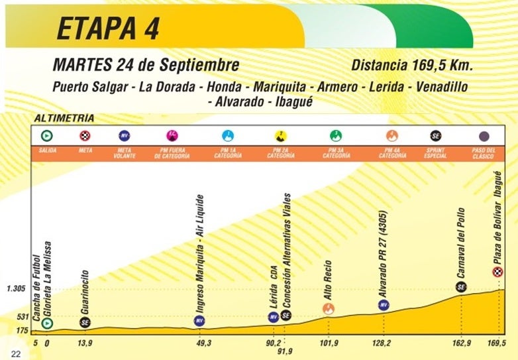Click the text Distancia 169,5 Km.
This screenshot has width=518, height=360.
411,66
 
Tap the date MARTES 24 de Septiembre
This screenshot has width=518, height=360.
145,66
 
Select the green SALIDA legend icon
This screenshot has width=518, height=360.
47,136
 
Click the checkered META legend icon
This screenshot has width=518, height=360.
85,136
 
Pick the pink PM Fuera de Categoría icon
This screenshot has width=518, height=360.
170,136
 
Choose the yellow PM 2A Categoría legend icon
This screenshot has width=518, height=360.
281,136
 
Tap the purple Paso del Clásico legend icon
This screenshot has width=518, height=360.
484,136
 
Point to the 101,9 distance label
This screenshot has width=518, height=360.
328,343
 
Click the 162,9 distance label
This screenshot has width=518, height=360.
461,343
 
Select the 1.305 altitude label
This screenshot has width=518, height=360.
16,288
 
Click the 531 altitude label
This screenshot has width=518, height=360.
21,316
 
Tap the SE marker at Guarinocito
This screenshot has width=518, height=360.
85,322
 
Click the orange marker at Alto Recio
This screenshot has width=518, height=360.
328,308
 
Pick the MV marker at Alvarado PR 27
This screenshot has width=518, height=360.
383,305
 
